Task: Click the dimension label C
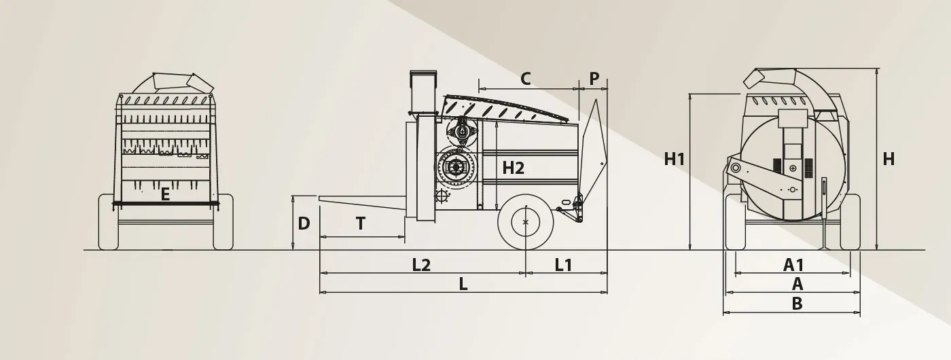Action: click(526, 79)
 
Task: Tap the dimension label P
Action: click(594, 79)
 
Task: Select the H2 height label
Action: click(514, 168)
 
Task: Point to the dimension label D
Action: click(304, 223)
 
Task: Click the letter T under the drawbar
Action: click(361, 223)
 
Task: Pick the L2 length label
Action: click(422, 265)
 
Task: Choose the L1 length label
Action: click(563, 265)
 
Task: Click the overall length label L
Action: click(463, 284)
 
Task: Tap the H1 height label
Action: click(674, 159)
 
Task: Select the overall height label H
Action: click(889, 159)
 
